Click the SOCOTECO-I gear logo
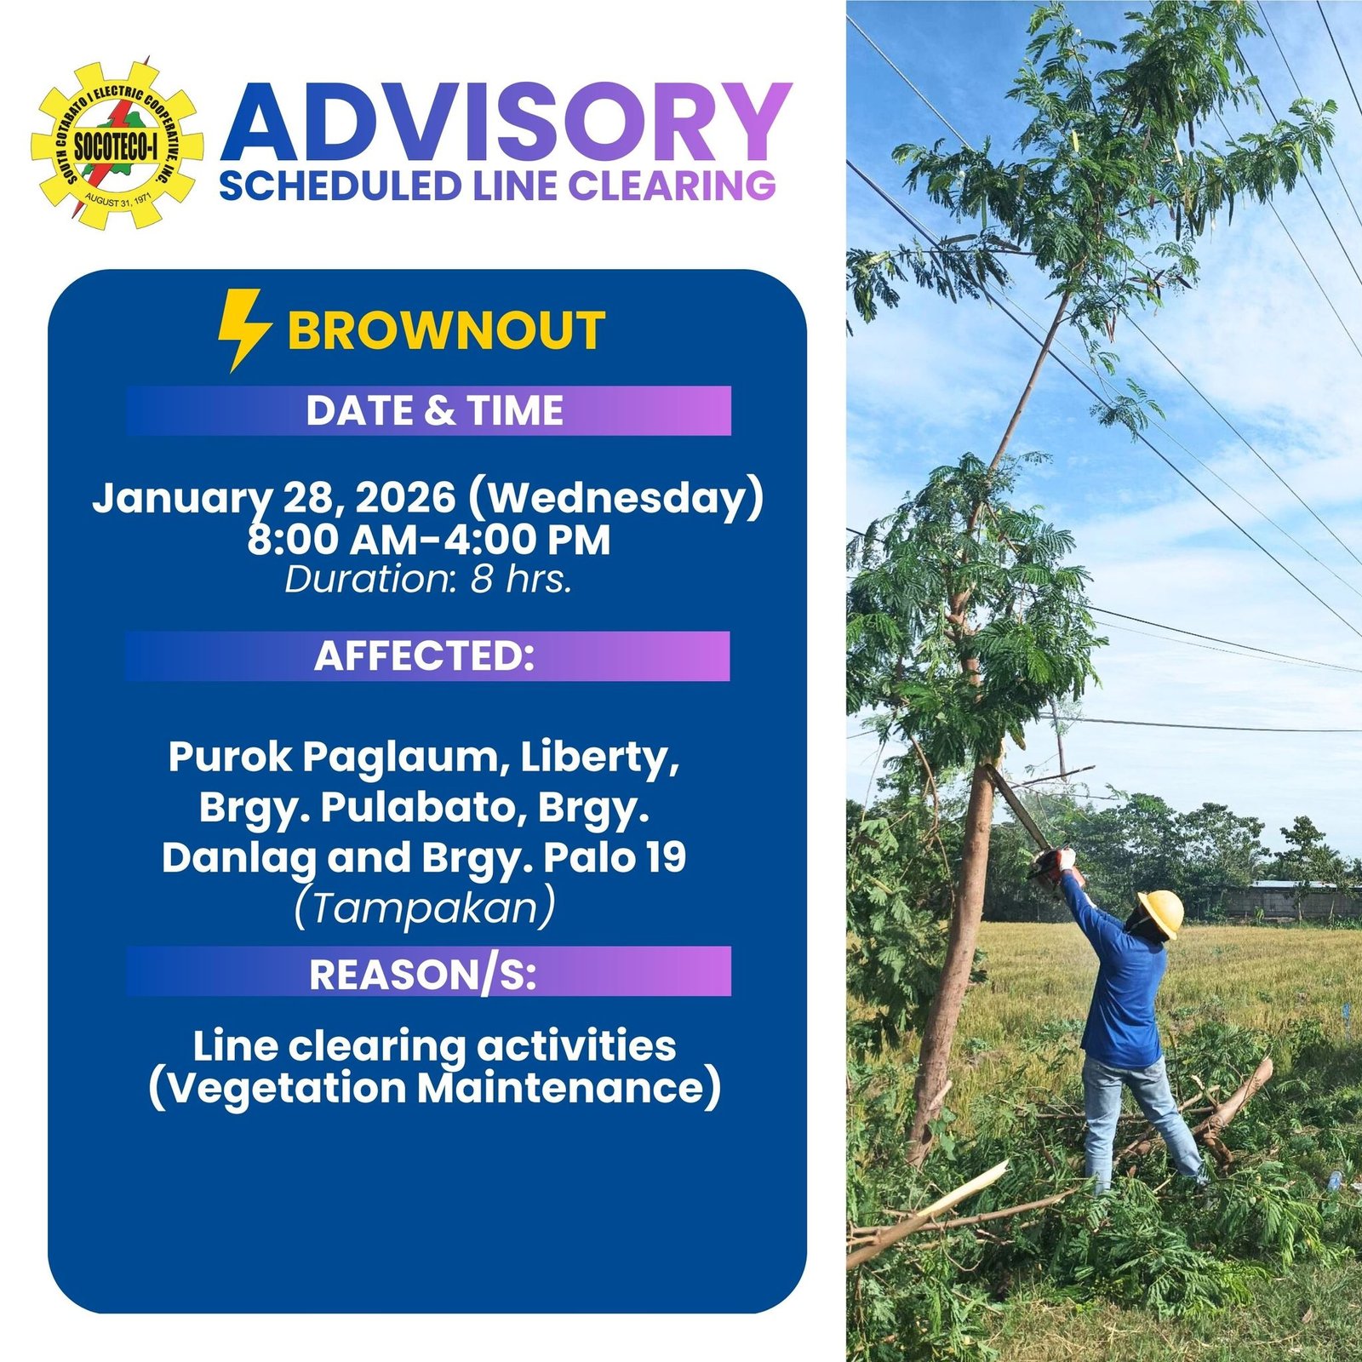[117, 143]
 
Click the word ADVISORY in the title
[506, 123]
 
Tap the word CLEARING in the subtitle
[672, 186]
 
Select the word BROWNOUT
[446, 331]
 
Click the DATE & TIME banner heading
[434, 411]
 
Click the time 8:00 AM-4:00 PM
[429, 540]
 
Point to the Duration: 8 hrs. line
[428, 580]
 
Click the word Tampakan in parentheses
[424, 907]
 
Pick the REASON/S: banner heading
[423, 975]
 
